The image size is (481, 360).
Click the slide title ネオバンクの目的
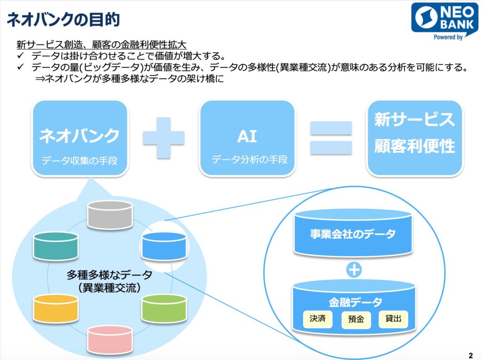[63, 20]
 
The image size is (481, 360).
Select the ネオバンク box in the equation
[80, 138]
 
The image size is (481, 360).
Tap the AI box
[247, 138]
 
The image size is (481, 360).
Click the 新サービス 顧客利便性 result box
[415, 138]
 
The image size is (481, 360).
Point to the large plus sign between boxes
[164, 138]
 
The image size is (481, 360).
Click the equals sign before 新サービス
[331, 138]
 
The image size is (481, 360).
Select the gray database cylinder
[110, 215]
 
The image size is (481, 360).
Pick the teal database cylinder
[56, 246]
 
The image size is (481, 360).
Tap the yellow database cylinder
[56, 308]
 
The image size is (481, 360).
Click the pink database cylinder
[110, 340]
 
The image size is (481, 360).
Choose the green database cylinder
[164, 308]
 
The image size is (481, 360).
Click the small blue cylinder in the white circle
[164, 246]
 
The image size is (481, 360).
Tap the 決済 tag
[318, 319]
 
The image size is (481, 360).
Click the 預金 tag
[356, 320]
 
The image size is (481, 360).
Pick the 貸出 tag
[393, 319]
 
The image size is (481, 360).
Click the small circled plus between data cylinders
[354, 270]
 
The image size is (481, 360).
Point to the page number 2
[471, 355]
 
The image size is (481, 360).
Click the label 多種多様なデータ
[109, 275]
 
